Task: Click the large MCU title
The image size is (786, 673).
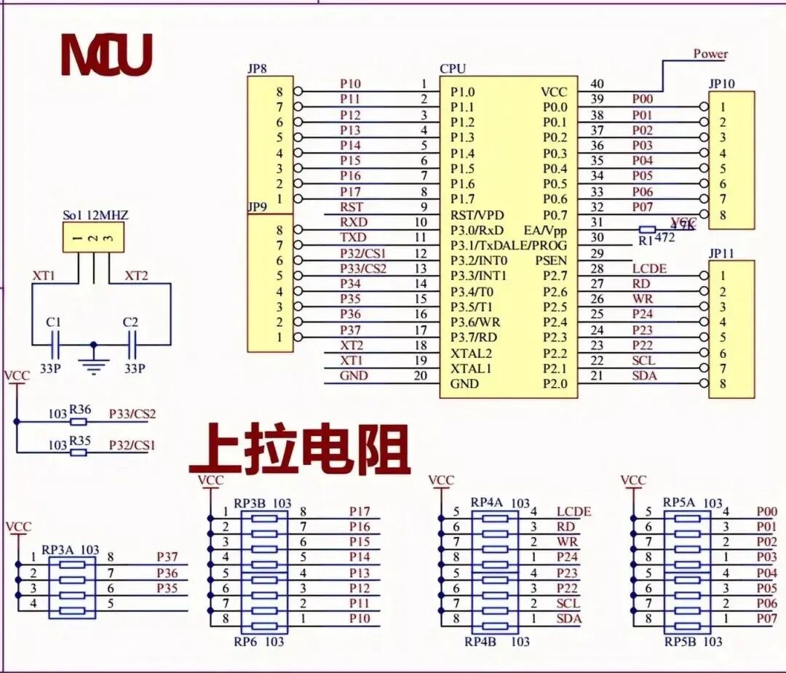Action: click(106, 55)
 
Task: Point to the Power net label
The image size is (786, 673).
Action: click(710, 54)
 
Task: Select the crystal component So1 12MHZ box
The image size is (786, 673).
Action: click(93, 238)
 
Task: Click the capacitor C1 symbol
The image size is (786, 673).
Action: click(55, 343)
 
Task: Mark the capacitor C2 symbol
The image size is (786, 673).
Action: click(132, 343)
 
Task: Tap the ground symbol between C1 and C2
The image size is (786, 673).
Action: click(92, 362)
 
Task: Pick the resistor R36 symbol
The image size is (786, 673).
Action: click(79, 421)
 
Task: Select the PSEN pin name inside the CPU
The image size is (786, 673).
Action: click(551, 260)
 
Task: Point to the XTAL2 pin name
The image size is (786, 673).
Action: click(471, 353)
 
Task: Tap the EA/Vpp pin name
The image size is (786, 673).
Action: click(545, 230)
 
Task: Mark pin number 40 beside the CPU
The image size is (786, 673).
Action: click(597, 84)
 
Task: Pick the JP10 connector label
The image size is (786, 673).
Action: click(721, 83)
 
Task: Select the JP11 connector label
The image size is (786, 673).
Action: click(721, 252)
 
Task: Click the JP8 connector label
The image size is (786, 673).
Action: click(257, 68)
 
